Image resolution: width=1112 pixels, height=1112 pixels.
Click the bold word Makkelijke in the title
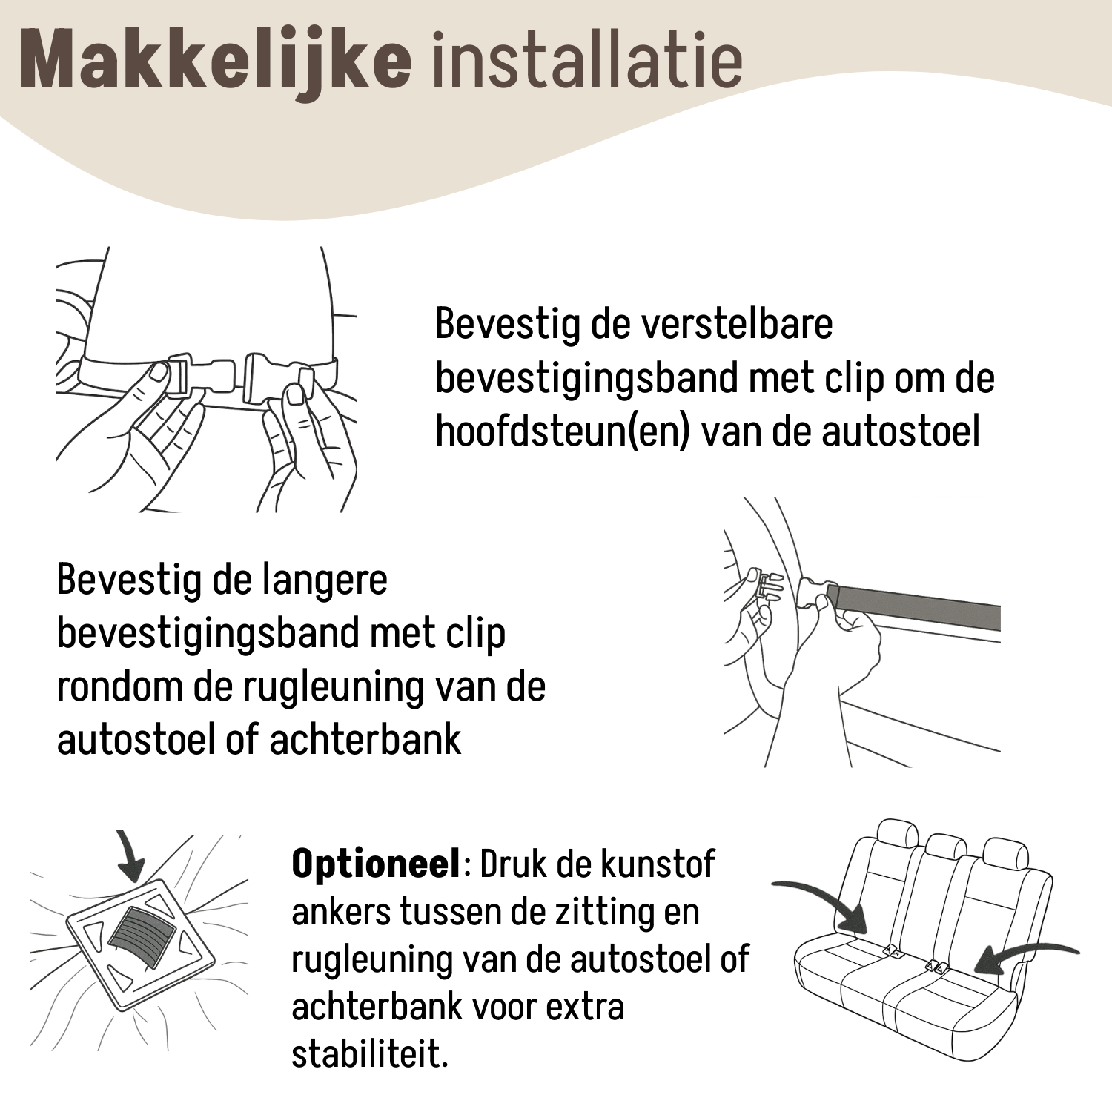216,61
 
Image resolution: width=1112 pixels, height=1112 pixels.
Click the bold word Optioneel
376,864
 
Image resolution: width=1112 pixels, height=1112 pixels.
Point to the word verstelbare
736,323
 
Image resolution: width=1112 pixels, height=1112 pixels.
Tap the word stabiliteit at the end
370,1053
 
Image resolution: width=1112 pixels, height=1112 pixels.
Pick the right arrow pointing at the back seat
1027,956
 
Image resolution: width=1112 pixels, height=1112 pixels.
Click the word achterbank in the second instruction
365,740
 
